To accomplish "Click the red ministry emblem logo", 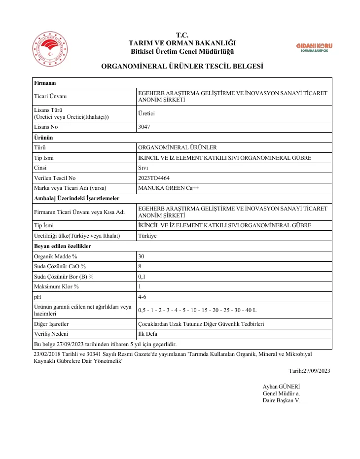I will pos(49,50).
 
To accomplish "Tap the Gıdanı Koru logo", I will pos(314,48).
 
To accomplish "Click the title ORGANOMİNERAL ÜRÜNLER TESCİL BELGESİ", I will pos(182,66).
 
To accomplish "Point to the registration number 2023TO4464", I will pos(155,178).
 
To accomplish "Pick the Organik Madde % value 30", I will pos(142,256).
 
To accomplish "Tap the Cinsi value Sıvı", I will pos(144,168).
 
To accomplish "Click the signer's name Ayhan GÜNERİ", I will pos(281,386).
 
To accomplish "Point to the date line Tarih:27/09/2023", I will pos(309,371).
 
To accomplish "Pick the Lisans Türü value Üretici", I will pos(146,113).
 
